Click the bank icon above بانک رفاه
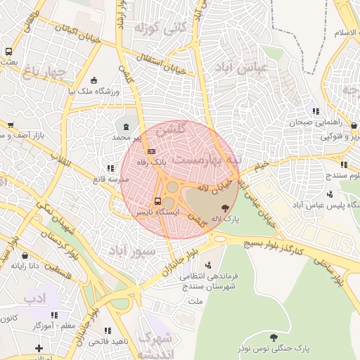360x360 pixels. point(150,151)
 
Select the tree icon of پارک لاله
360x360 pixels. point(225,207)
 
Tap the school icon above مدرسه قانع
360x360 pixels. point(110,168)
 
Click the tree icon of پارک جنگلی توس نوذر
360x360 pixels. point(283,336)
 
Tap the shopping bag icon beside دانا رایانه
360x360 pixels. point(25,257)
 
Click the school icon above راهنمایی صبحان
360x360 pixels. point(316,110)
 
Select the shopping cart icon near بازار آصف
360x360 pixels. point(9,124)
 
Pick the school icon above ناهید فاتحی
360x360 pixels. point(108,330)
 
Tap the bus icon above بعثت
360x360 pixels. point(8,51)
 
